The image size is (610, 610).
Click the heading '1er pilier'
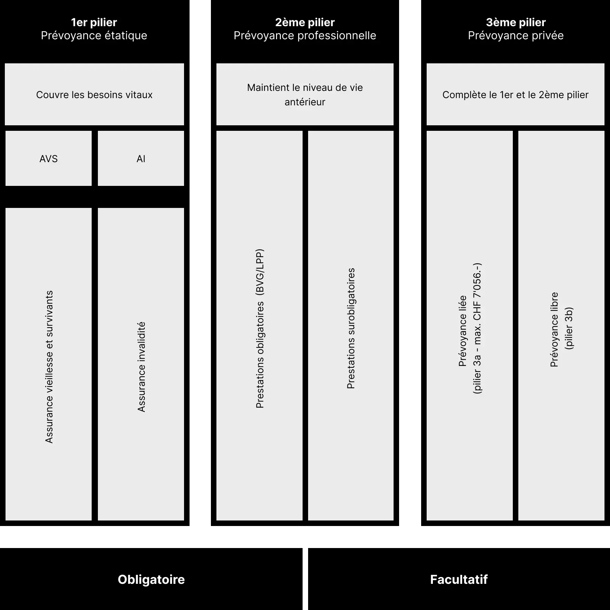tap(94, 22)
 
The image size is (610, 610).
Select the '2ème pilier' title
tap(305, 22)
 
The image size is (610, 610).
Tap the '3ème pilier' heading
tap(516, 22)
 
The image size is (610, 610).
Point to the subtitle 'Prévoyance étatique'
tap(94, 35)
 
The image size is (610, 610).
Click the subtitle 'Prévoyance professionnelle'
tap(305, 35)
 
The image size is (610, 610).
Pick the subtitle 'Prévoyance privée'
tap(516, 35)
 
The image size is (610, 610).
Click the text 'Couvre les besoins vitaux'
tap(94, 95)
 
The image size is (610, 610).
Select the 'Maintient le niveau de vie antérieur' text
tap(305, 95)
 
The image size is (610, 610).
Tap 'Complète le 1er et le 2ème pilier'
tap(516, 95)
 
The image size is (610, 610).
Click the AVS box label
tap(49, 159)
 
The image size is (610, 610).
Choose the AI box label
tap(141, 159)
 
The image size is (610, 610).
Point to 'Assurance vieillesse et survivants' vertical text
tap(49, 367)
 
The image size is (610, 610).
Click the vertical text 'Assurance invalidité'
tap(141, 367)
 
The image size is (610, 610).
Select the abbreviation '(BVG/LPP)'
tap(260, 272)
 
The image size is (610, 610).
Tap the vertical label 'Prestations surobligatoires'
tap(351, 328)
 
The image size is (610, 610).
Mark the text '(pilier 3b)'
tap(569, 328)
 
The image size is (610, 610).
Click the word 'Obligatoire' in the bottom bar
tap(151, 579)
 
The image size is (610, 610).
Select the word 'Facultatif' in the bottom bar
tap(459, 579)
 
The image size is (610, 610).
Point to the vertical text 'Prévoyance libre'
tap(554, 329)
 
